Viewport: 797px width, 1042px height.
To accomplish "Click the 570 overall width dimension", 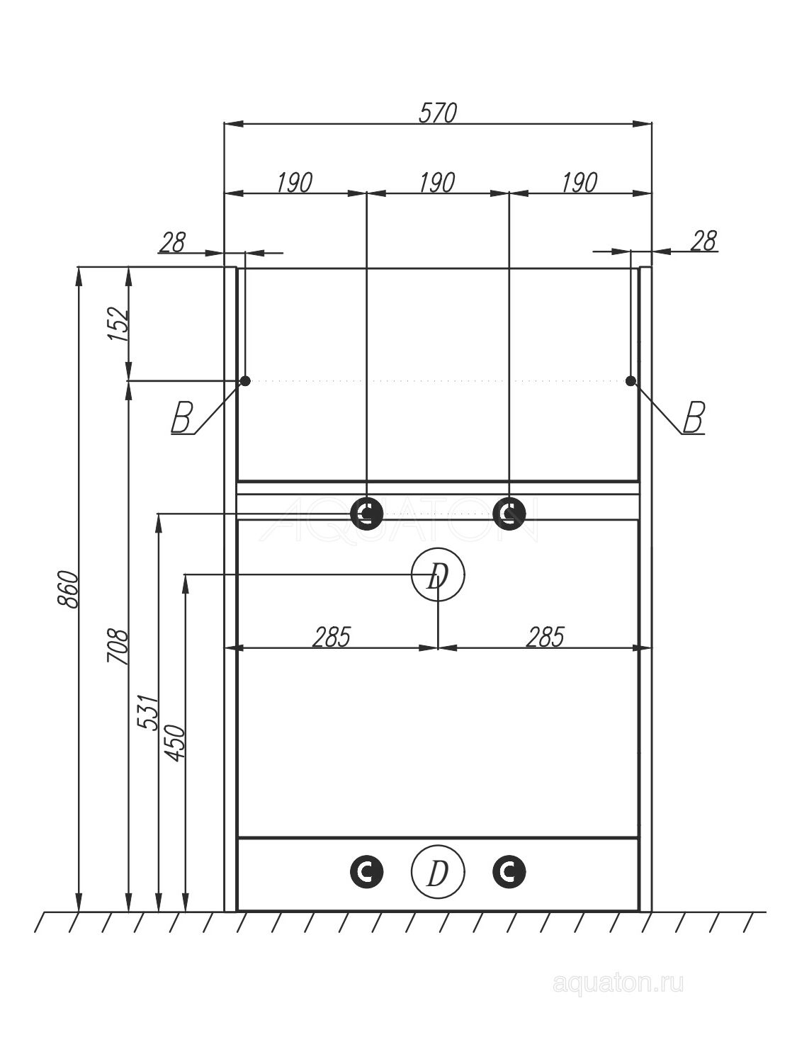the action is (x=438, y=113).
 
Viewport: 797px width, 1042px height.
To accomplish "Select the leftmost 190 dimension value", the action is (x=294, y=183).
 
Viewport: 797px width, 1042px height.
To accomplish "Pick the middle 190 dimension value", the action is (x=437, y=183).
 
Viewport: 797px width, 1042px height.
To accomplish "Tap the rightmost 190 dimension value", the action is (x=580, y=183).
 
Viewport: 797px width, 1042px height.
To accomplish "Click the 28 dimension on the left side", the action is (x=172, y=242).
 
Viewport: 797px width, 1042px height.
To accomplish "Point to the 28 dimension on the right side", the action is (x=704, y=241).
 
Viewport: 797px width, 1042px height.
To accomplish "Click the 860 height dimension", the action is (x=67, y=589).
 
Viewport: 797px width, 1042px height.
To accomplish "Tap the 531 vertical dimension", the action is (x=147, y=713).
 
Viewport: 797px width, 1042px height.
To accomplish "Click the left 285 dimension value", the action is (x=332, y=637).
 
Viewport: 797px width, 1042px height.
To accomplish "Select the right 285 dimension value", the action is (x=546, y=637).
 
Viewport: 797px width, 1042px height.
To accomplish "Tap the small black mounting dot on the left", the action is (x=245, y=380).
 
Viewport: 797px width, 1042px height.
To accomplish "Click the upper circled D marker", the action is (x=438, y=575).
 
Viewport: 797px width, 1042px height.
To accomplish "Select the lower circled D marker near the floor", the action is (x=438, y=872).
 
